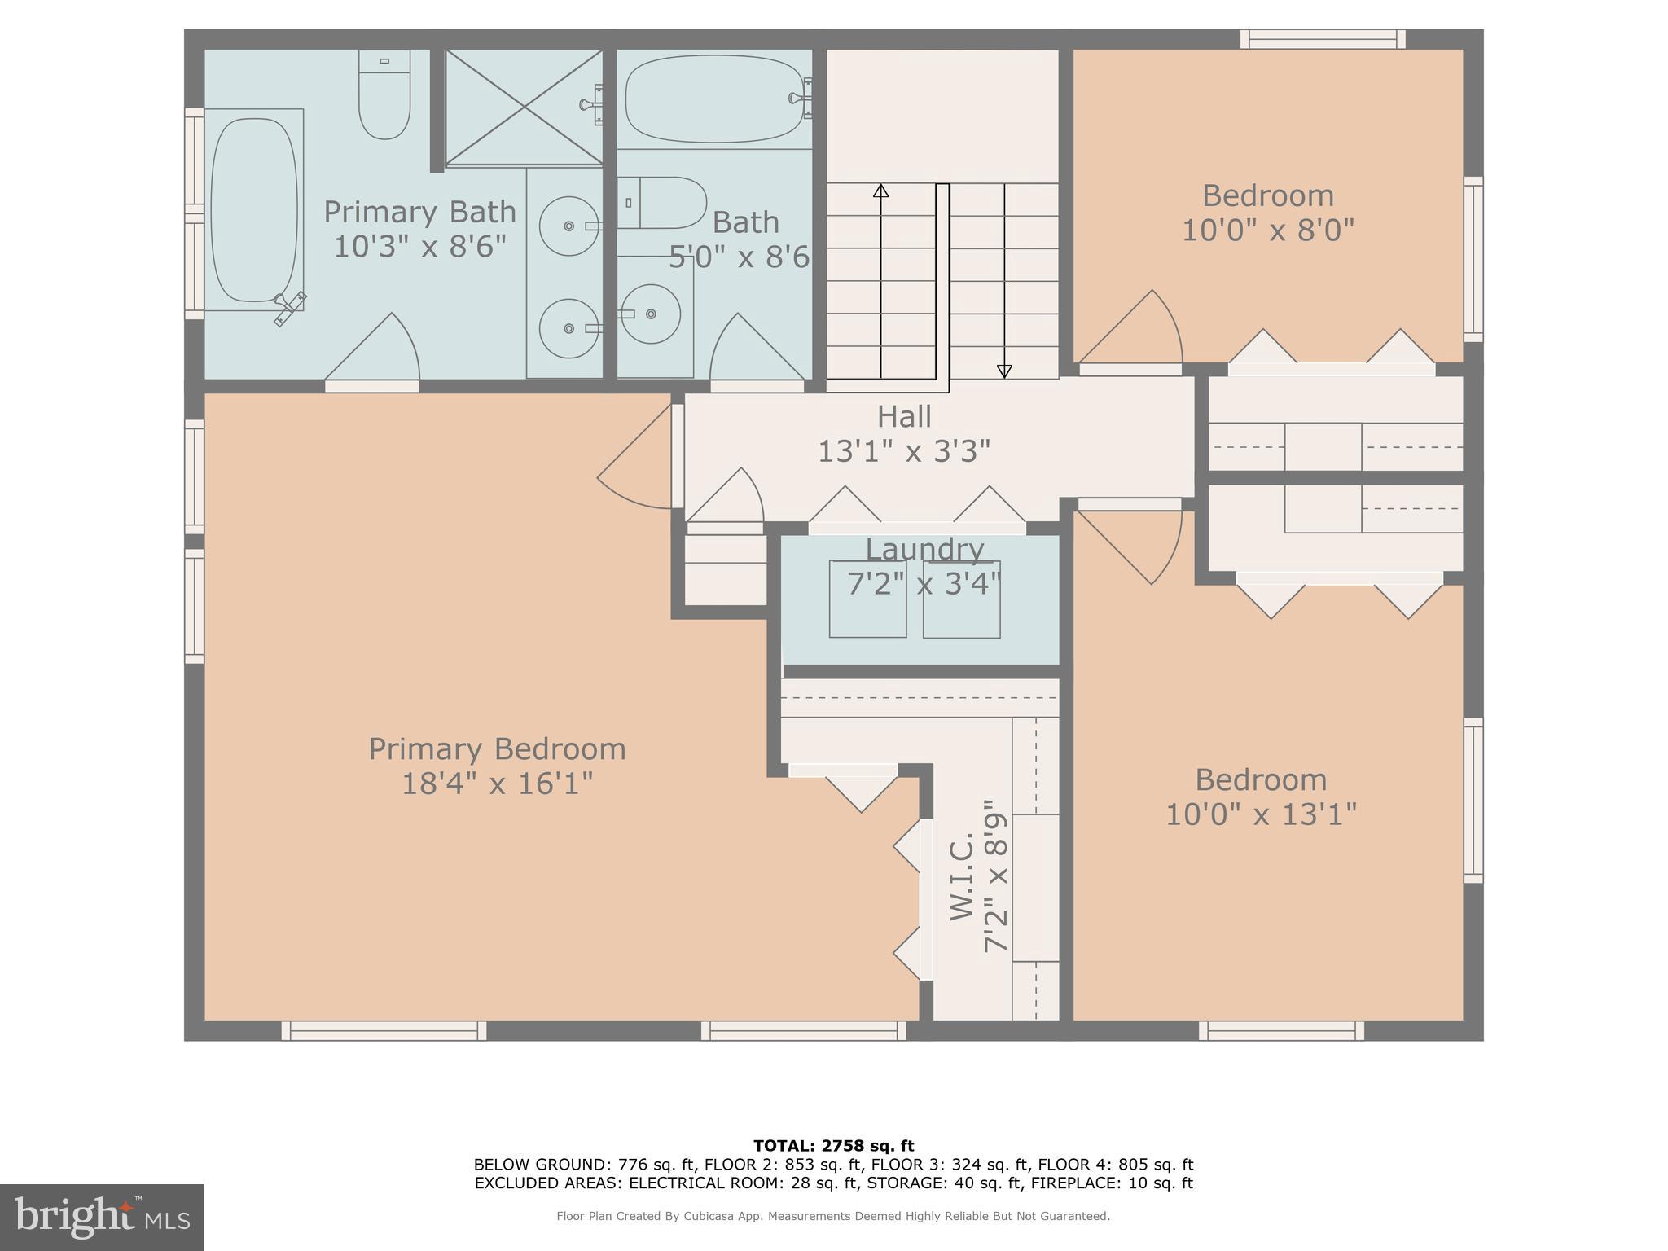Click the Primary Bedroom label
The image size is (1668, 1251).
(x=497, y=748)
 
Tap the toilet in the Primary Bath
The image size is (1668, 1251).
(x=384, y=95)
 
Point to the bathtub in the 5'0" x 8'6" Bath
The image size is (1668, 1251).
(x=715, y=99)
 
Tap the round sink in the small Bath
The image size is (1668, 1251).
(x=651, y=314)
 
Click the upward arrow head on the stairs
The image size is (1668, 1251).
(x=880, y=191)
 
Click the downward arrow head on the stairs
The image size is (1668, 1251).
(x=1004, y=371)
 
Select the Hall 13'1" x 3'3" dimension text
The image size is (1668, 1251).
(x=904, y=451)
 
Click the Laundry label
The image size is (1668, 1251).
(x=924, y=550)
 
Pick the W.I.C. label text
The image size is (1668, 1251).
(x=963, y=875)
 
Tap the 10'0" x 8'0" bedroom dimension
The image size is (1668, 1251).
(x=1267, y=230)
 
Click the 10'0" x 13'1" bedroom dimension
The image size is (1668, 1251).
(x=1261, y=814)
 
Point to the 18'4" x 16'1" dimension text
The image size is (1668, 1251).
(x=497, y=784)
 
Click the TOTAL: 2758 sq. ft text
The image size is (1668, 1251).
(x=833, y=1146)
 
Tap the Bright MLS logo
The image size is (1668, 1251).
(x=101, y=1217)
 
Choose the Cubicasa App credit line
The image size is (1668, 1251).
(x=833, y=1216)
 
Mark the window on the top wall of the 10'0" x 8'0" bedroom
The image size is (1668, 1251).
(x=1323, y=38)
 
